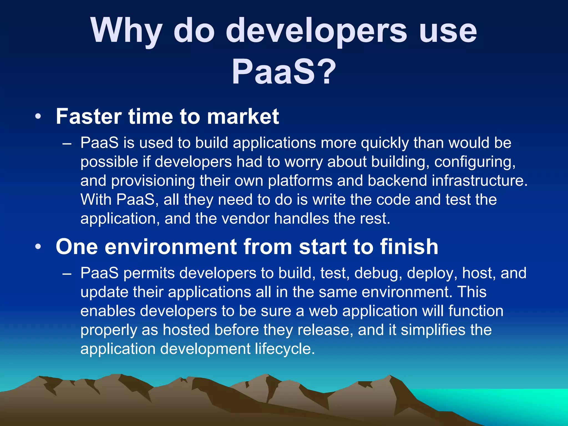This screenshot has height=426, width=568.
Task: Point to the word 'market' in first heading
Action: [x=243, y=116]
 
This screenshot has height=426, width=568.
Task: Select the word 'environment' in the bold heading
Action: [x=171, y=247]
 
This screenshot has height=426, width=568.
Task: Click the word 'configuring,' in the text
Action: [x=475, y=162]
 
